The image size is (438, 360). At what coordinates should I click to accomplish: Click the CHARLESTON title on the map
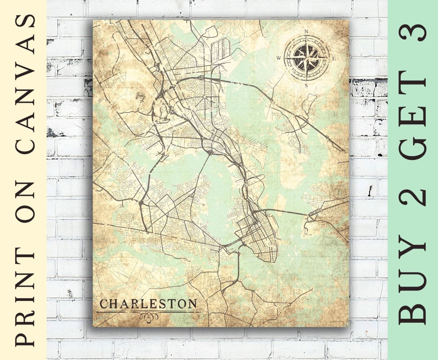[x=148, y=304]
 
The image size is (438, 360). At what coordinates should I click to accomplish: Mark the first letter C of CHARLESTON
[x=104, y=304]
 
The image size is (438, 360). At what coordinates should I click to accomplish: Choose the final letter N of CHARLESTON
[x=192, y=304]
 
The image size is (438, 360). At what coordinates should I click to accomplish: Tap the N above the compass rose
[x=306, y=32]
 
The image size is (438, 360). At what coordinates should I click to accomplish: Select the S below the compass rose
[x=306, y=85]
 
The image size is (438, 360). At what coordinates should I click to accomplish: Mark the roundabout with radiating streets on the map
[x=205, y=97]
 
